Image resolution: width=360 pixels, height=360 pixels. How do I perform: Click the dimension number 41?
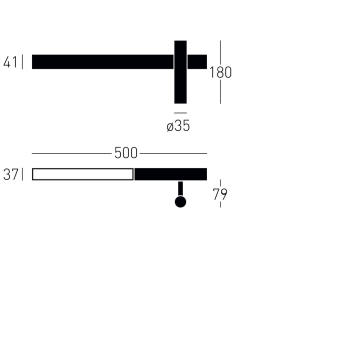(x=10, y=62)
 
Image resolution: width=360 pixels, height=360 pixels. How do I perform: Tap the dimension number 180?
(x=220, y=72)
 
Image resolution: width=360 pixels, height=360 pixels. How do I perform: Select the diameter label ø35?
(x=178, y=126)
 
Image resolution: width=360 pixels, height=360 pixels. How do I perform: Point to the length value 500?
(x=126, y=153)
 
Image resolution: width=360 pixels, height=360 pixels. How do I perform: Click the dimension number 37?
(x=10, y=174)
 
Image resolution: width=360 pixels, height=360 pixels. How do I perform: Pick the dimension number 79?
(x=220, y=194)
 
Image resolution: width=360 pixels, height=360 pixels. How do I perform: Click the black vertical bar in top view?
(x=180, y=72)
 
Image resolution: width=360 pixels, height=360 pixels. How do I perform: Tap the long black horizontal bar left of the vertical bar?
(x=102, y=62)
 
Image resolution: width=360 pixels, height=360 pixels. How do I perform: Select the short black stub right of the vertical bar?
(x=197, y=62)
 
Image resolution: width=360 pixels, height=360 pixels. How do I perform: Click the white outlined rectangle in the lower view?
(x=82, y=169)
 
